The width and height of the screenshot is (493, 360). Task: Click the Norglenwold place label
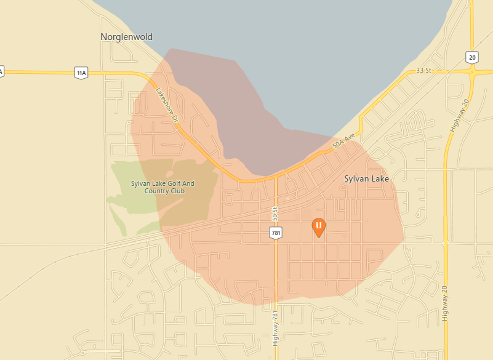[x=126, y=37]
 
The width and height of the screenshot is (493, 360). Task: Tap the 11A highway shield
[x=81, y=73]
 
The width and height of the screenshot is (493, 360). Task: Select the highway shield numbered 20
[x=471, y=57]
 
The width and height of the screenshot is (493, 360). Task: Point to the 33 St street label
[x=424, y=70]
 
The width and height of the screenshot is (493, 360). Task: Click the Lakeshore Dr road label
[x=166, y=103]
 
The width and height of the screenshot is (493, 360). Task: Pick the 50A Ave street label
[x=345, y=145]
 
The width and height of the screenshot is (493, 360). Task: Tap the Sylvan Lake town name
[x=366, y=178]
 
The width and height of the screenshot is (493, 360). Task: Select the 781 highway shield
[x=275, y=232]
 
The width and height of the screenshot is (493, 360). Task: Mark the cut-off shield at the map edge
[x=1, y=71]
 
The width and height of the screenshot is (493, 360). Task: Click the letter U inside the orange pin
[x=319, y=226]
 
